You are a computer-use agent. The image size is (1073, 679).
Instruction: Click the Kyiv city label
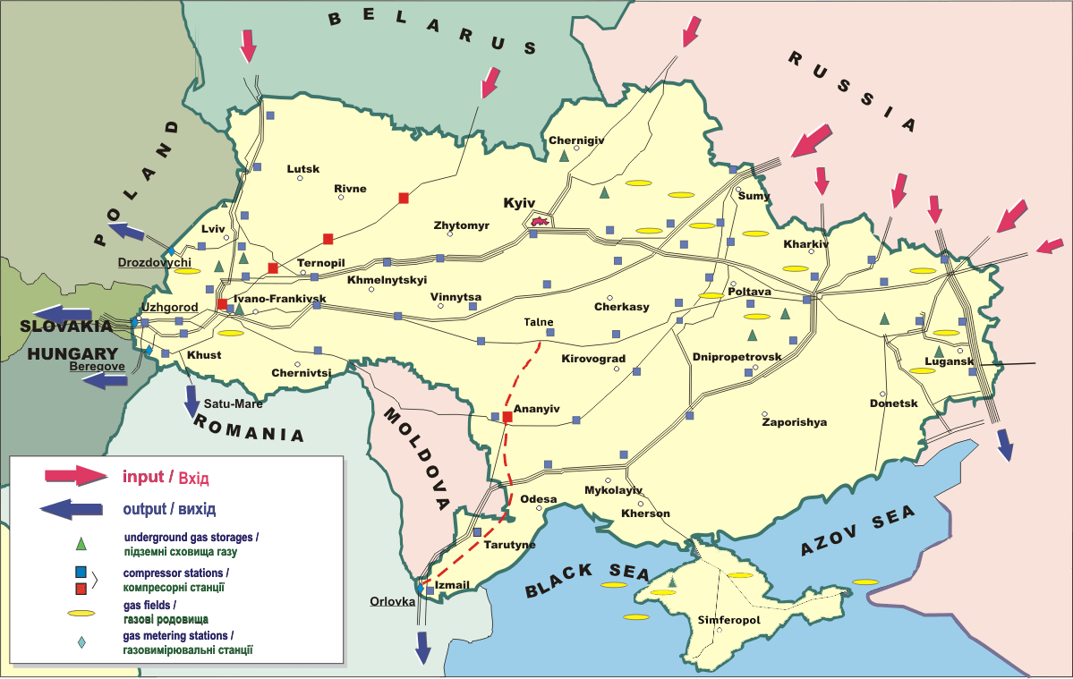(x=519, y=204)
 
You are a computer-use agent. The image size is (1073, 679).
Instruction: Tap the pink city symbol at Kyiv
(x=539, y=220)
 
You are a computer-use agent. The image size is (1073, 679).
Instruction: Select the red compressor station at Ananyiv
(x=507, y=417)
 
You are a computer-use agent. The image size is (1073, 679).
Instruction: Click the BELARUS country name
(x=432, y=31)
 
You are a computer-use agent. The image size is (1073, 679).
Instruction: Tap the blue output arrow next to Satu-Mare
(x=192, y=401)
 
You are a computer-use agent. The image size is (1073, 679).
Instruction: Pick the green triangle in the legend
(x=81, y=543)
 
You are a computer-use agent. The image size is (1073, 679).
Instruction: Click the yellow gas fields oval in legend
(x=81, y=614)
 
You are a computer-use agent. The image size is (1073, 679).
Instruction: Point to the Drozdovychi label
(x=155, y=263)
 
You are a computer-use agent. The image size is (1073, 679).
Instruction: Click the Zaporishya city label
(x=794, y=422)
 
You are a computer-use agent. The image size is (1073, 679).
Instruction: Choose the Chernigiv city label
(x=576, y=140)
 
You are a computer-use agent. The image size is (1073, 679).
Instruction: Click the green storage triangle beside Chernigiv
(x=564, y=157)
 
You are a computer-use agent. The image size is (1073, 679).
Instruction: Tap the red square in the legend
(x=81, y=588)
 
